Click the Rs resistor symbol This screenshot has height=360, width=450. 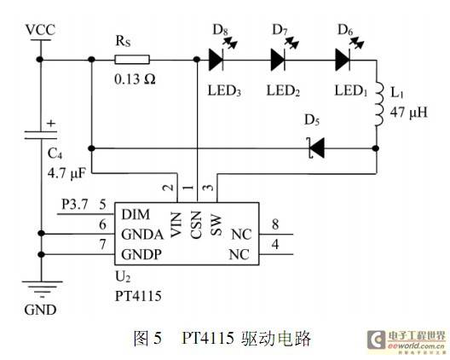coord(132,60)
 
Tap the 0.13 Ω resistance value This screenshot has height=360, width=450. coord(135,79)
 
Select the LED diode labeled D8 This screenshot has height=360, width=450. coord(216,60)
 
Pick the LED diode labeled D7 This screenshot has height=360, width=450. coord(278,60)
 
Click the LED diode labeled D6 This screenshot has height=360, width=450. coord(343,60)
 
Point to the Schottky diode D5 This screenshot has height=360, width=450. coord(317,148)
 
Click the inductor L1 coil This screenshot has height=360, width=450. coord(378,104)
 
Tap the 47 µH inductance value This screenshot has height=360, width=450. coord(409,112)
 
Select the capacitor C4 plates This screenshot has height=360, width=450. coord(40,135)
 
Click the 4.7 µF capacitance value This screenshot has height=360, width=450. coord(66,173)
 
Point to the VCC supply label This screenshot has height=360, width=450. coord(40,30)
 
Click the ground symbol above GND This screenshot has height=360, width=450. coord(42,288)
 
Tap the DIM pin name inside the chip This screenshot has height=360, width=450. coord(136,214)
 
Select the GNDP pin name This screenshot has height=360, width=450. coord(141,254)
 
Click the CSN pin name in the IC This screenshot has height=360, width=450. coord(196,224)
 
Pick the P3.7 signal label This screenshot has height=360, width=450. coord(75,205)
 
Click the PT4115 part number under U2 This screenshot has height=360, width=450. coord(138,296)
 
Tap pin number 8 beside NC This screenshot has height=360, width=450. coord(275,224)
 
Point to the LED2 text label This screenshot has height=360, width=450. coord(283,90)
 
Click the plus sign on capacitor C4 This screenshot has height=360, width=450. coord(51,123)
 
